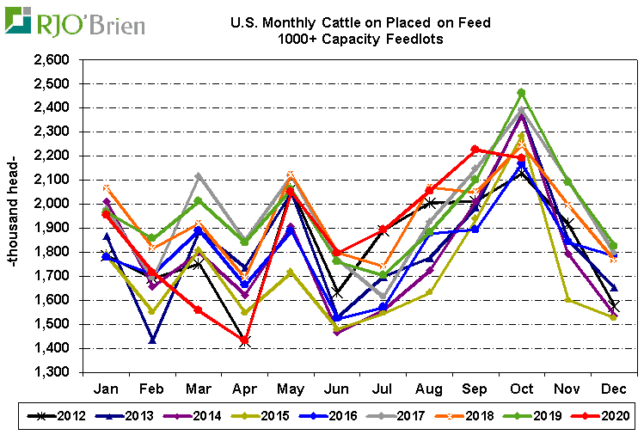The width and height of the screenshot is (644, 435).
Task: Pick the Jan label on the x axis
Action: click(105, 389)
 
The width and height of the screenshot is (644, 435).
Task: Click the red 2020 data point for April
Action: click(244, 341)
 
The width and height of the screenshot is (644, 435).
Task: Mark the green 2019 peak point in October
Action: click(521, 93)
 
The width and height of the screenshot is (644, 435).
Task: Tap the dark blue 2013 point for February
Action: click(152, 340)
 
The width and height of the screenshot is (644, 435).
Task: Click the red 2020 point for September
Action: click(475, 150)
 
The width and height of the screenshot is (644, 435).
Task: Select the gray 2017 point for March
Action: click(199, 176)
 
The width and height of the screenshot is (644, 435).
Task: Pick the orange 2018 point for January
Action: click(106, 188)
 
